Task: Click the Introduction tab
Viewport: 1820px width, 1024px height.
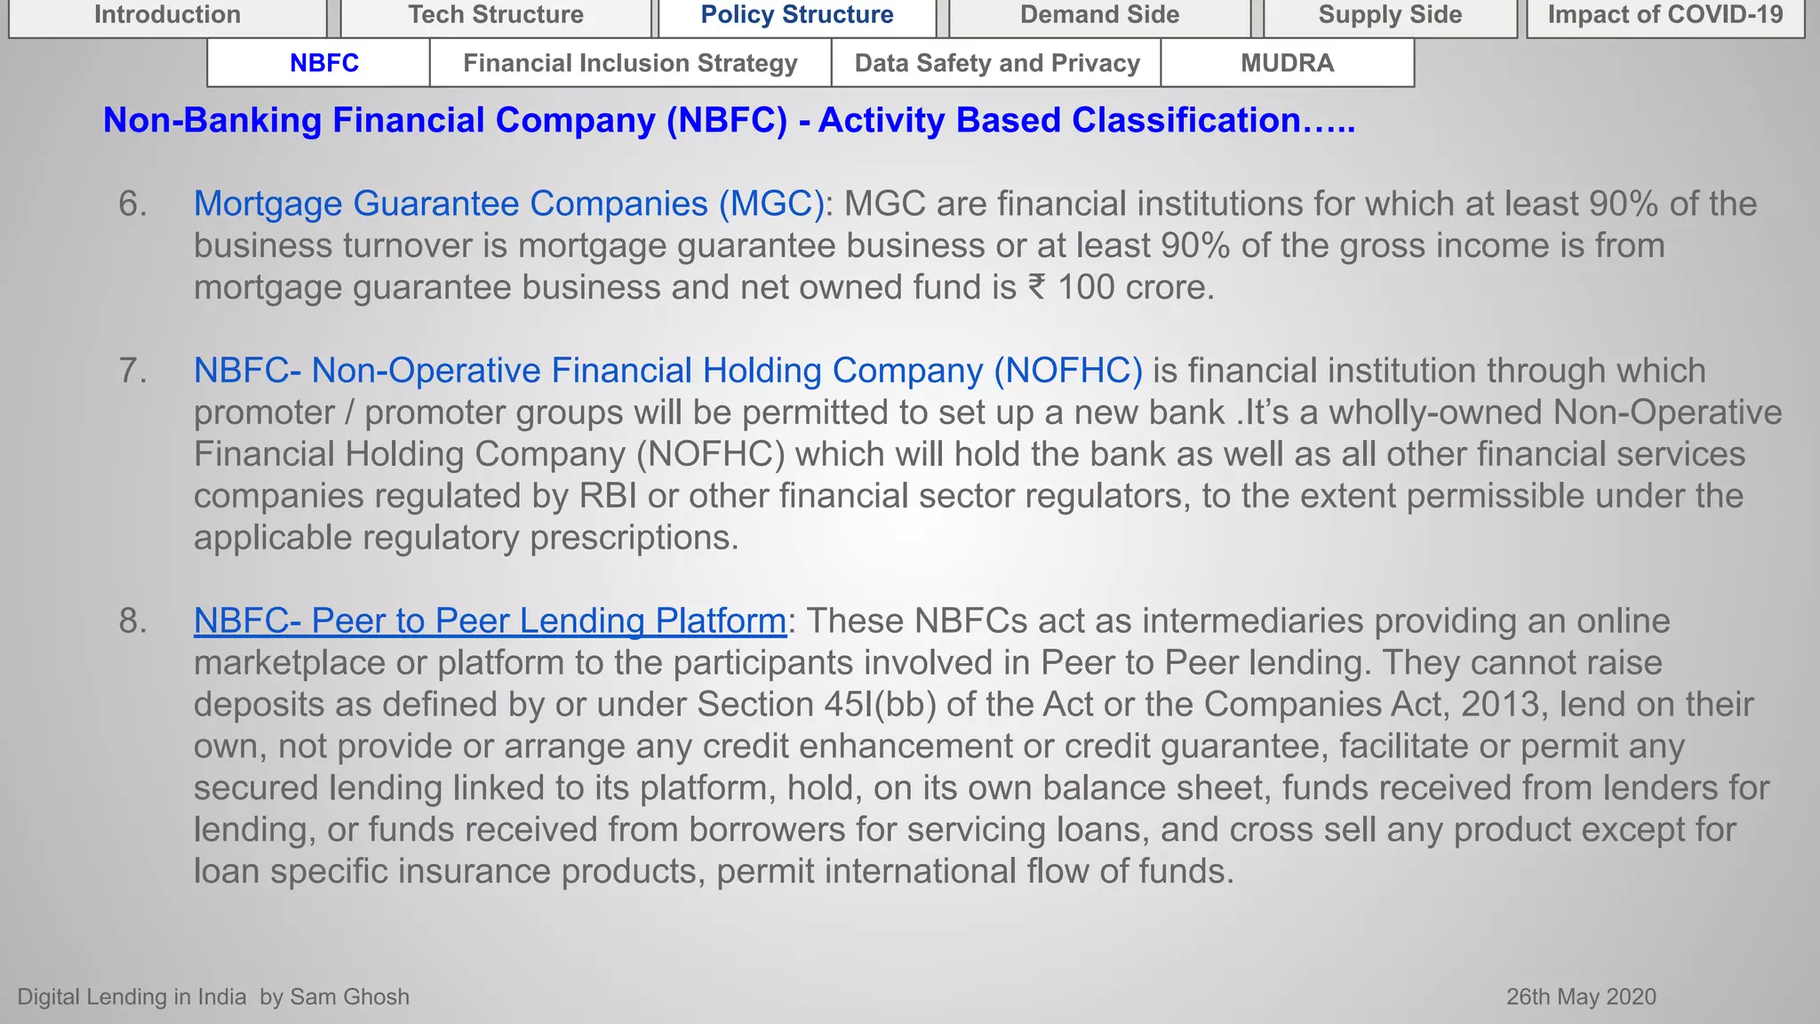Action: [x=167, y=15]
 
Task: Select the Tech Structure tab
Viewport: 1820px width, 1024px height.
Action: [x=496, y=15]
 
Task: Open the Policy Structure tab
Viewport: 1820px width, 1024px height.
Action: [x=797, y=15]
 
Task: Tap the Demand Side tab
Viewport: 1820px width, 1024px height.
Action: [x=1099, y=15]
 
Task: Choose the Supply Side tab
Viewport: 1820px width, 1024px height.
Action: [x=1390, y=15]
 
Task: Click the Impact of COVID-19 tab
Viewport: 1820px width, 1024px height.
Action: [x=1665, y=15]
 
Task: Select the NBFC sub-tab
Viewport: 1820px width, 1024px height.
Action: [x=324, y=63]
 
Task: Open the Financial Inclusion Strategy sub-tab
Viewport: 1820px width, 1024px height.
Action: [x=630, y=63]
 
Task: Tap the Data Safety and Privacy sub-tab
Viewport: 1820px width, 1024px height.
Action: [x=997, y=63]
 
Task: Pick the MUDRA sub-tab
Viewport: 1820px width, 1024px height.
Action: [x=1287, y=63]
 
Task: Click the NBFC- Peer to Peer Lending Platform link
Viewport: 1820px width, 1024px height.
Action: [x=490, y=620]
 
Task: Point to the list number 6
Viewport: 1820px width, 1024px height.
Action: [x=132, y=204]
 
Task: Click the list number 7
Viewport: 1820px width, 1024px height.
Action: [x=132, y=371]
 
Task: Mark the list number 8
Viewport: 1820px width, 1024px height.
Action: [x=132, y=620]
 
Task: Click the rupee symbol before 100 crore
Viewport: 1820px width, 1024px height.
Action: [x=1036, y=287]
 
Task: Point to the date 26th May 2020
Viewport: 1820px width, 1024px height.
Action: [x=1581, y=996]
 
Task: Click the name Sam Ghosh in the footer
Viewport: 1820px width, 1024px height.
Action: [x=349, y=996]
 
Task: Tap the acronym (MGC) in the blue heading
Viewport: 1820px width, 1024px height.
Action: [x=771, y=204]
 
